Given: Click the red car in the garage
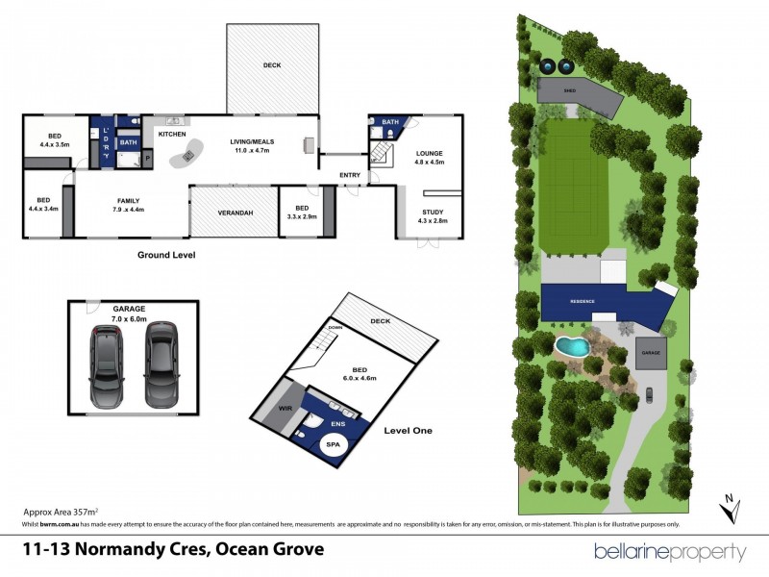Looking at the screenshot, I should coord(105,364).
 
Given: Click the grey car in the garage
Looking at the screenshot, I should coord(161,364).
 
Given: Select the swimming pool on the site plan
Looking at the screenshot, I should coord(573,345).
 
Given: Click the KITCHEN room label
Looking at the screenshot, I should coord(172,134).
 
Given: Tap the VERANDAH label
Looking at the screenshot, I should coord(235,212).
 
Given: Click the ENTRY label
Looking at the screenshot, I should coord(350,174).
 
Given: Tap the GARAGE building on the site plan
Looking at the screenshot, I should coord(653,353).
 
